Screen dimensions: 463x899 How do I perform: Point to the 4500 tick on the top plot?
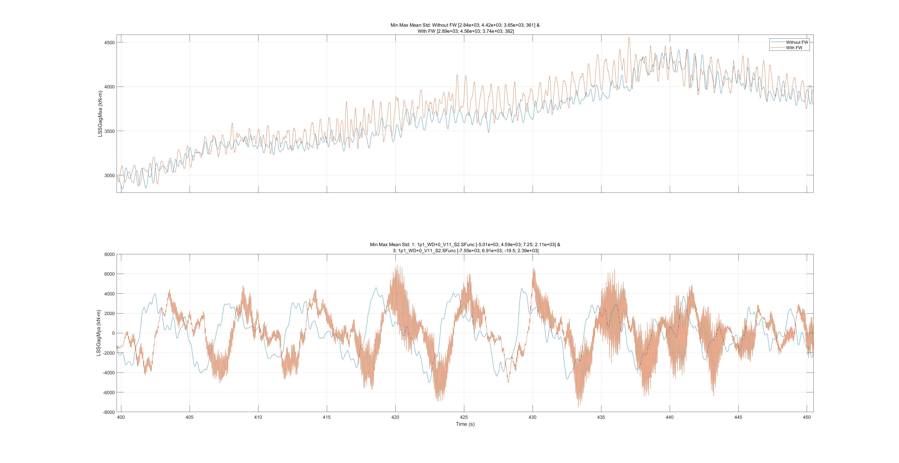point(109,43)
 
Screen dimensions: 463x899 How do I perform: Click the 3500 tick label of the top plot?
point(109,131)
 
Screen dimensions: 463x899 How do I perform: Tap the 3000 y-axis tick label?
point(109,175)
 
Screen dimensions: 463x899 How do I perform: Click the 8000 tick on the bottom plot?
point(110,255)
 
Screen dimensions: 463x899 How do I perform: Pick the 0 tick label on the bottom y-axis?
point(113,333)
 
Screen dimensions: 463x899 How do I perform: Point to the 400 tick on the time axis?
point(121,417)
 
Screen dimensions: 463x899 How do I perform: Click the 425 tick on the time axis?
point(464,417)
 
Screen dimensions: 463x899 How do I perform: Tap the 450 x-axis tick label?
point(807,417)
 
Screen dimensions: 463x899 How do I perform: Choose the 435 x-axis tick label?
point(601,417)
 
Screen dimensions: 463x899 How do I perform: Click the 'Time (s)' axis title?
point(465,424)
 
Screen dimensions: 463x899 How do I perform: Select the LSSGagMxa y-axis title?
point(100,114)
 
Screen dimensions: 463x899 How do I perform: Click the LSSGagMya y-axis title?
point(99,333)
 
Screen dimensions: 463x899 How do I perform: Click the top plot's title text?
point(465,28)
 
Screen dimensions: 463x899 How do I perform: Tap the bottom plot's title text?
point(465,248)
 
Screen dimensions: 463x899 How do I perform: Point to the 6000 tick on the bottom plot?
point(110,274)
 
